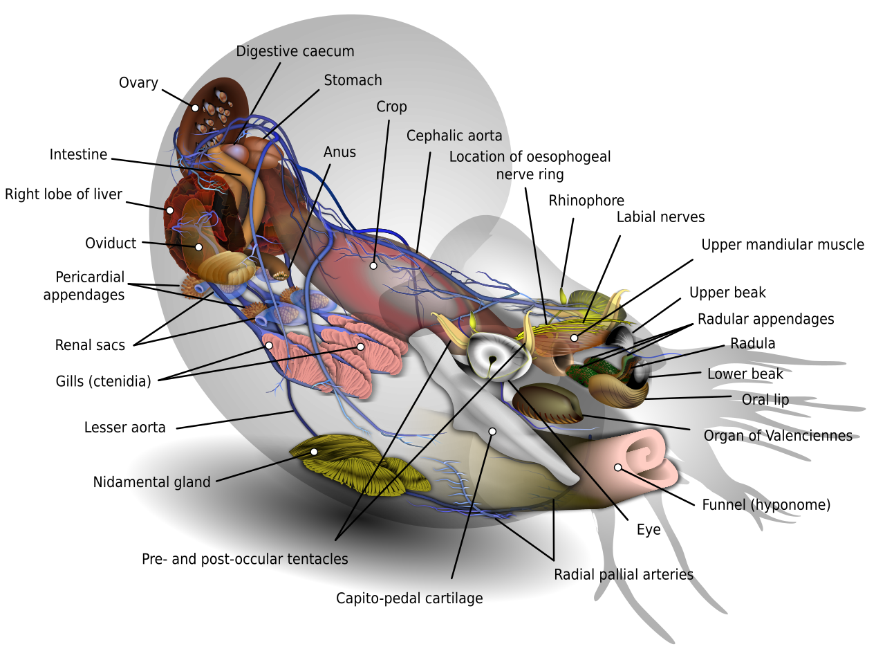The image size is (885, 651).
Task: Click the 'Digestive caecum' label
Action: (x=295, y=51)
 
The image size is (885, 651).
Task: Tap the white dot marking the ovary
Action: (x=195, y=108)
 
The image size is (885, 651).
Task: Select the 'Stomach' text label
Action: (x=353, y=80)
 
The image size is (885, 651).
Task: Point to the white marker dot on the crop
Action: (x=373, y=266)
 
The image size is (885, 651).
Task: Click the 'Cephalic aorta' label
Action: (x=454, y=136)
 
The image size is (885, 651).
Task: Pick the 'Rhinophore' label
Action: (x=586, y=201)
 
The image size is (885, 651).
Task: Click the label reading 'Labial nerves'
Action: (x=660, y=217)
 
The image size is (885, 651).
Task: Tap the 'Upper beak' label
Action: (x=727, y=293)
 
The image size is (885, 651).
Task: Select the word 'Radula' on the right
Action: (x=753, y=344)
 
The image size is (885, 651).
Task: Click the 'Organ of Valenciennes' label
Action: (x=778, y=436)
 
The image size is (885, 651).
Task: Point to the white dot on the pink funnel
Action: (x=617, y=468)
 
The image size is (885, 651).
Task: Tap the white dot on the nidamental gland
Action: (x=314, y=452)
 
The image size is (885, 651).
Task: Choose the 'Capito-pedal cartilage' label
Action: (x=409, y=598)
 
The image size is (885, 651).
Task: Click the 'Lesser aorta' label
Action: (x=125, y=428)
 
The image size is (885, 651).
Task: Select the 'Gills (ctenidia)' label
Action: (x=103, y=381)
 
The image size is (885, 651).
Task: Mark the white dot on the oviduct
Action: (x=198, y=247)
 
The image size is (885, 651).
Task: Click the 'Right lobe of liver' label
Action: (x=64, y=194)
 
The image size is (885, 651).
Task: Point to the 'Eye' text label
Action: (x=649, y=531)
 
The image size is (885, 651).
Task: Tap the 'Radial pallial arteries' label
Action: (x=624, y=575)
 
